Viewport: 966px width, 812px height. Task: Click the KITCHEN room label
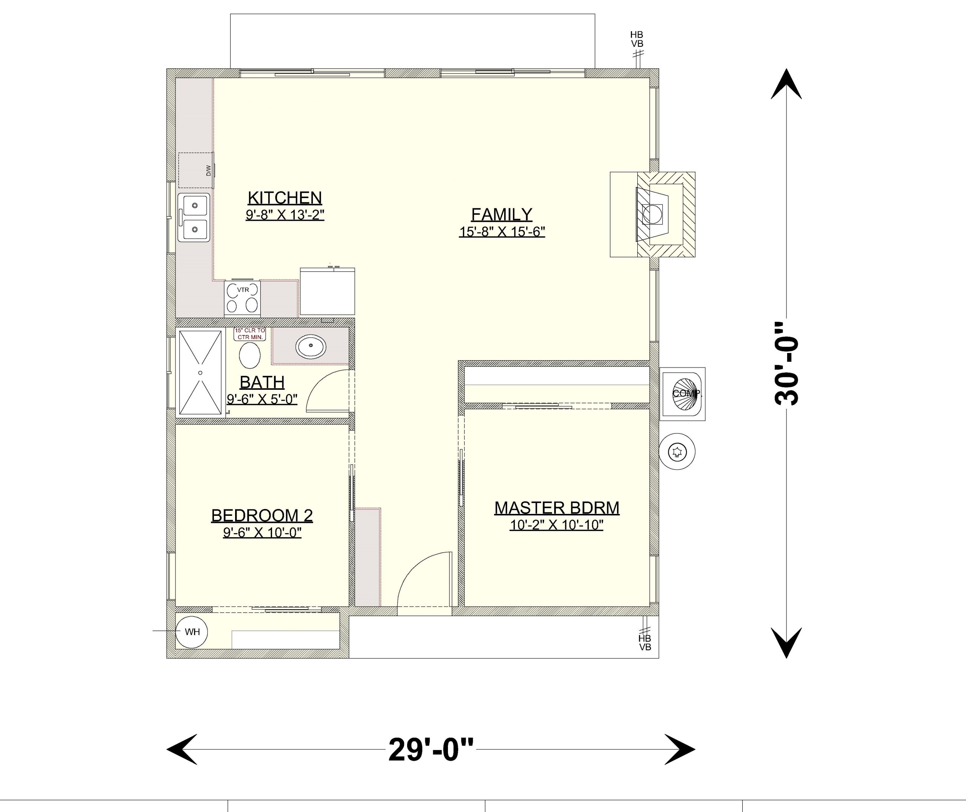tap(285, 198)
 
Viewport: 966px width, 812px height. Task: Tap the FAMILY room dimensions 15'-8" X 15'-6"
tap(501, 232)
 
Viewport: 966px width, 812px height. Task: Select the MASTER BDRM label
tap(557, 508)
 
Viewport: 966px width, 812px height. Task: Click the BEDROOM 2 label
tap(262, 515)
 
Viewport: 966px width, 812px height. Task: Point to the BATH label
tap(262, 382)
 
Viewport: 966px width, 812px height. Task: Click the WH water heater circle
tap(192, 632)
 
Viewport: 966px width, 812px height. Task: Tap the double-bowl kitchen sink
tap(194, 217)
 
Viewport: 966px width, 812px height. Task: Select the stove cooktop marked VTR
tap(243, 298)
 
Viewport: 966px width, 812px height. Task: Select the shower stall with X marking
tap(200, 372)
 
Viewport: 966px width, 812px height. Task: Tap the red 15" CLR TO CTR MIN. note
tap(250, 334)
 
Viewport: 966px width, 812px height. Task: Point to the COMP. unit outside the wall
tap(683, 394)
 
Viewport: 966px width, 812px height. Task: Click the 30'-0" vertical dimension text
tap(786, 364)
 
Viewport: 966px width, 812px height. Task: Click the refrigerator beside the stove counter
tap(327, 291)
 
